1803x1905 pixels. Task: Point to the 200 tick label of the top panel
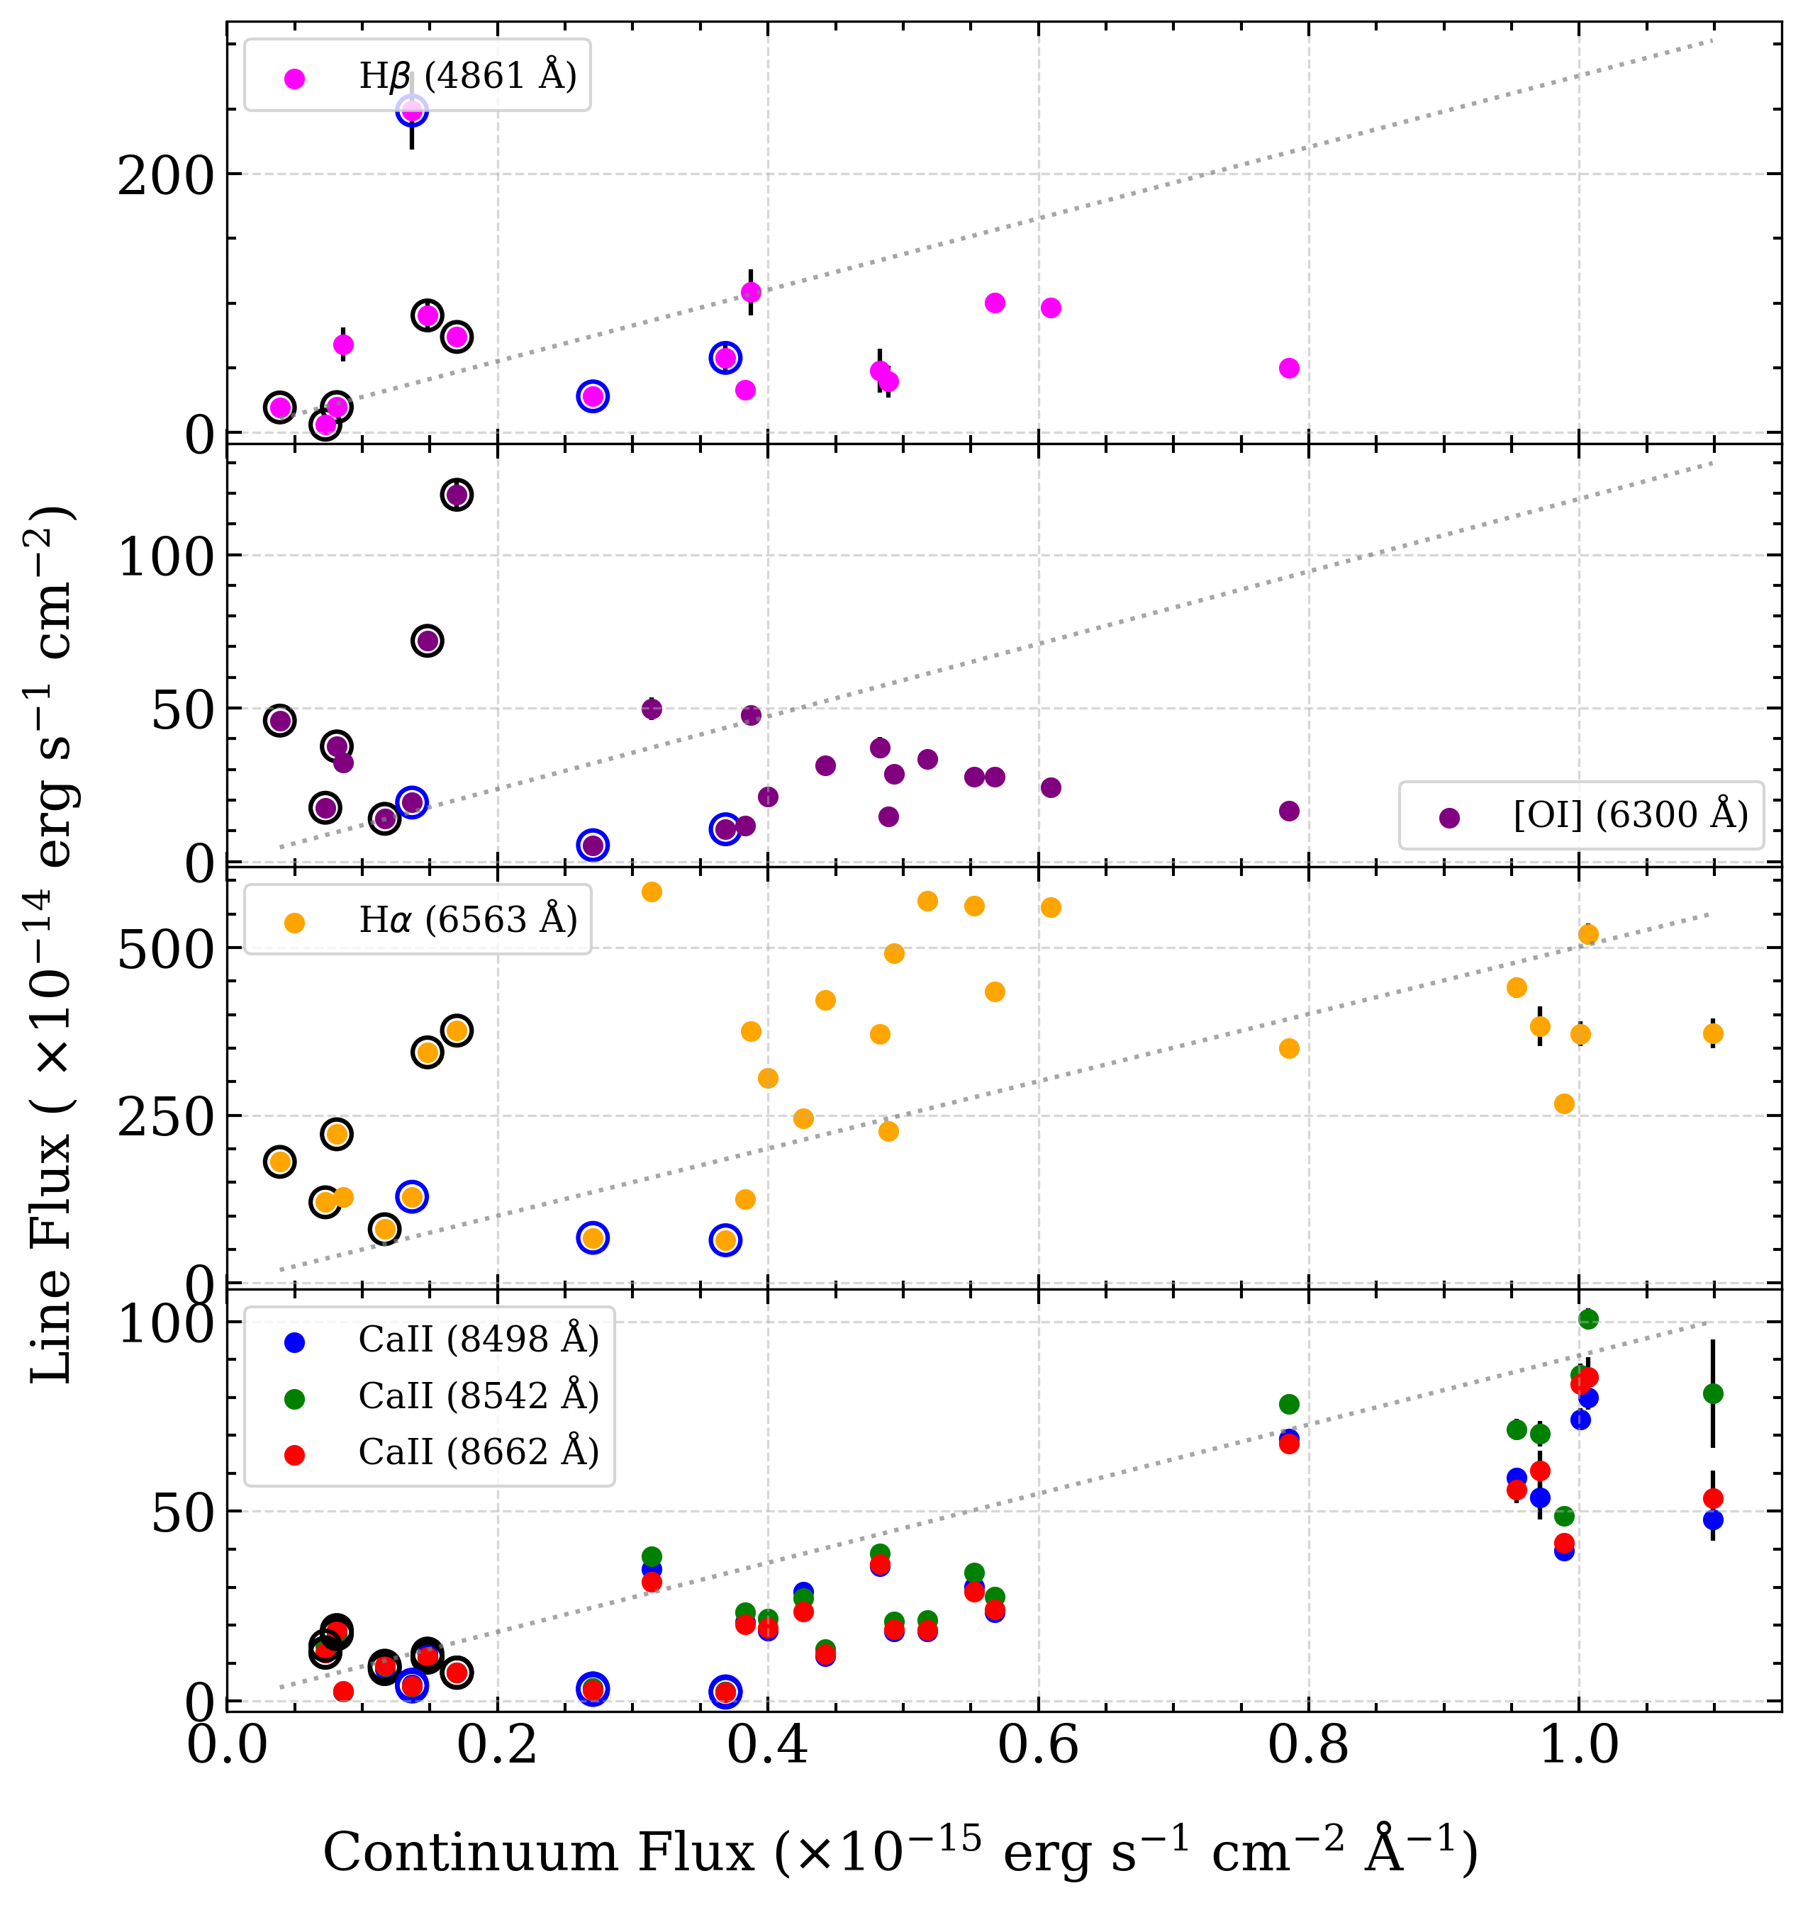[164, 176]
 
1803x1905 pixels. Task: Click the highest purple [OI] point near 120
[457, 495]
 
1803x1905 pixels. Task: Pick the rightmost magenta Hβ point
[1289, 368]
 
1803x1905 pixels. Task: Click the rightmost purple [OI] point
[1289, 811]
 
